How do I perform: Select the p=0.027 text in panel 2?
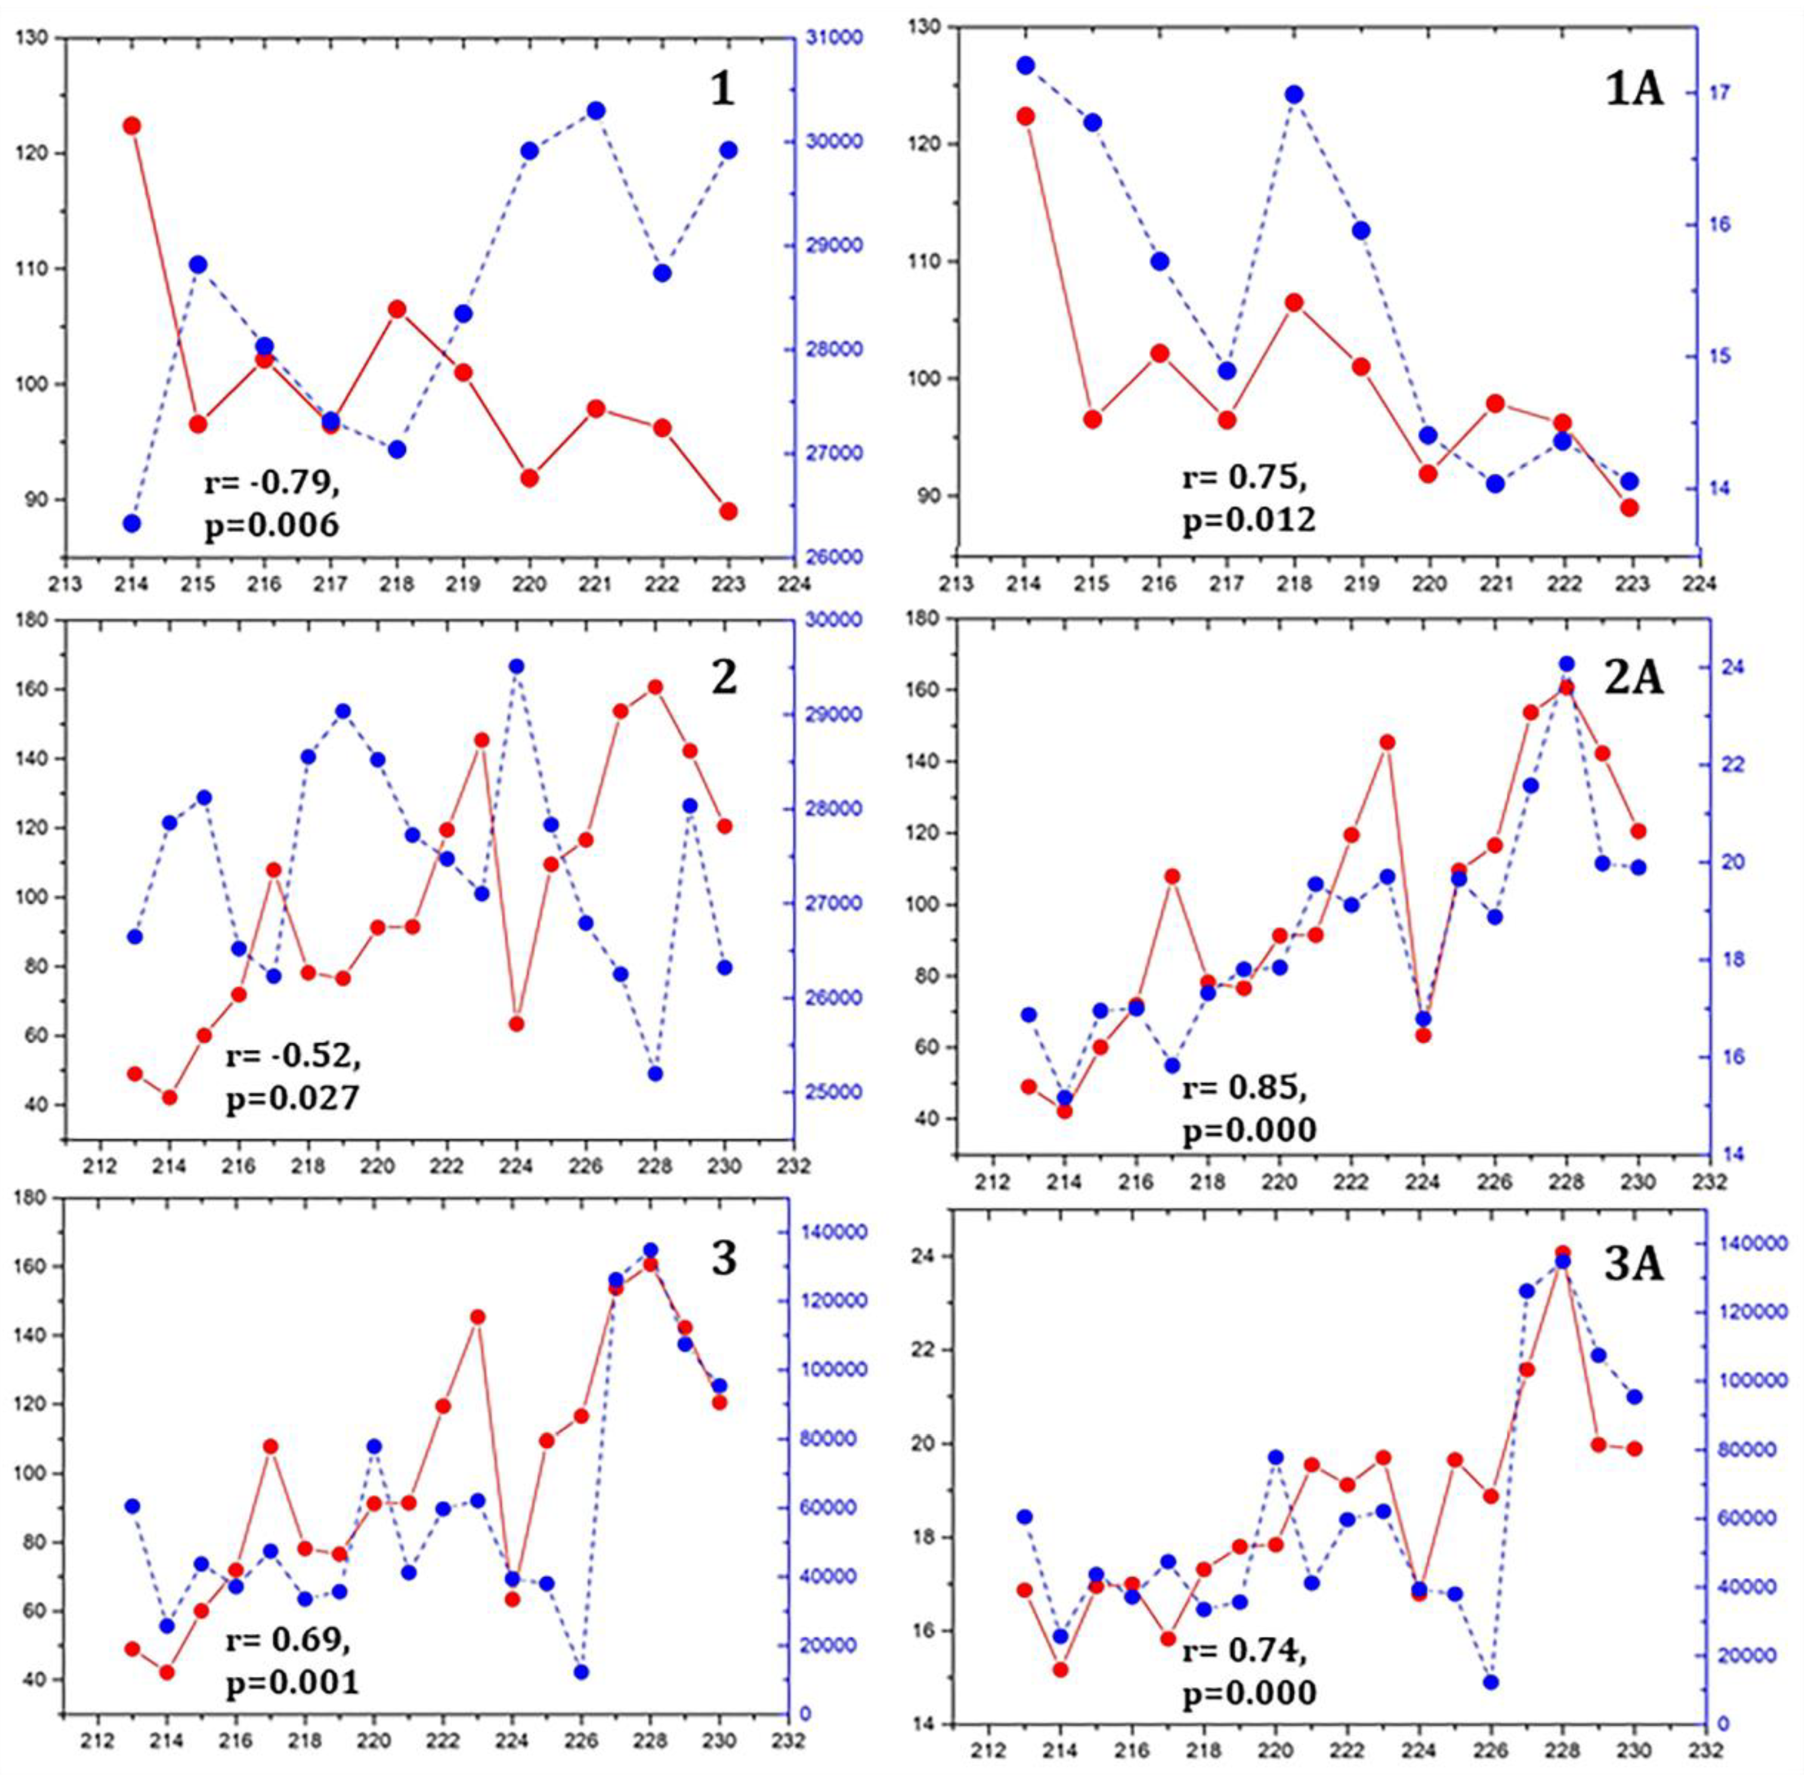pos(292,1099)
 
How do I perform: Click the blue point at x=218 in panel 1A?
pos(1294,94)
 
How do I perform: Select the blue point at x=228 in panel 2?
pos(656,1074)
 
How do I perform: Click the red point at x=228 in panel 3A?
pos(1563,1253)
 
